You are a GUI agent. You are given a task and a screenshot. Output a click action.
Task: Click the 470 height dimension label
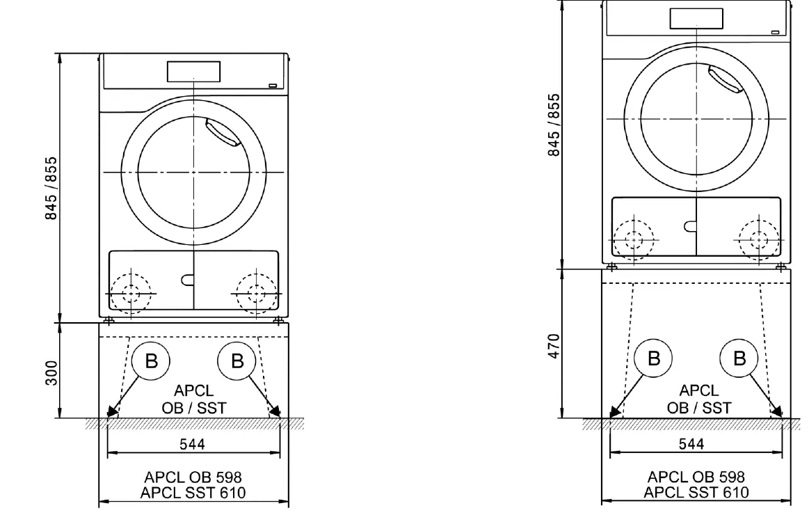[x=554, y=345]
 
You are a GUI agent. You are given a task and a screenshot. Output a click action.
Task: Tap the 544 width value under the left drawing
[x=192, y=445]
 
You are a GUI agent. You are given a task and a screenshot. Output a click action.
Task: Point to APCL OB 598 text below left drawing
[x=193, y=477]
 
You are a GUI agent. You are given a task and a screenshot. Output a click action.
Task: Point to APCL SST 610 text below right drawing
[x=696, y=492]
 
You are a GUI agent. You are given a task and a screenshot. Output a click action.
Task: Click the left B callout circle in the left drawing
[x=151, y=360]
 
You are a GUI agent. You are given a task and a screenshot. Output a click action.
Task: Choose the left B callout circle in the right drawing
[x=654, y=359]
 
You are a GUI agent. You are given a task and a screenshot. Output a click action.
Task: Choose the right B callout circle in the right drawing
[x=740, y=359]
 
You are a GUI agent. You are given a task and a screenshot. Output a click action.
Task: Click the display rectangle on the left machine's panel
[x=193, y=71]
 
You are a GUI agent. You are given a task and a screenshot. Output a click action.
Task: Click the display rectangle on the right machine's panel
[x=696, y=18]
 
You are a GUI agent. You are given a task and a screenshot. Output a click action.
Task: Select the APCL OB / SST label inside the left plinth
[x=193, y=400]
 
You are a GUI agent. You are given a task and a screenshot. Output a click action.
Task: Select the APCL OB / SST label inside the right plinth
[x=699, y=399]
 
